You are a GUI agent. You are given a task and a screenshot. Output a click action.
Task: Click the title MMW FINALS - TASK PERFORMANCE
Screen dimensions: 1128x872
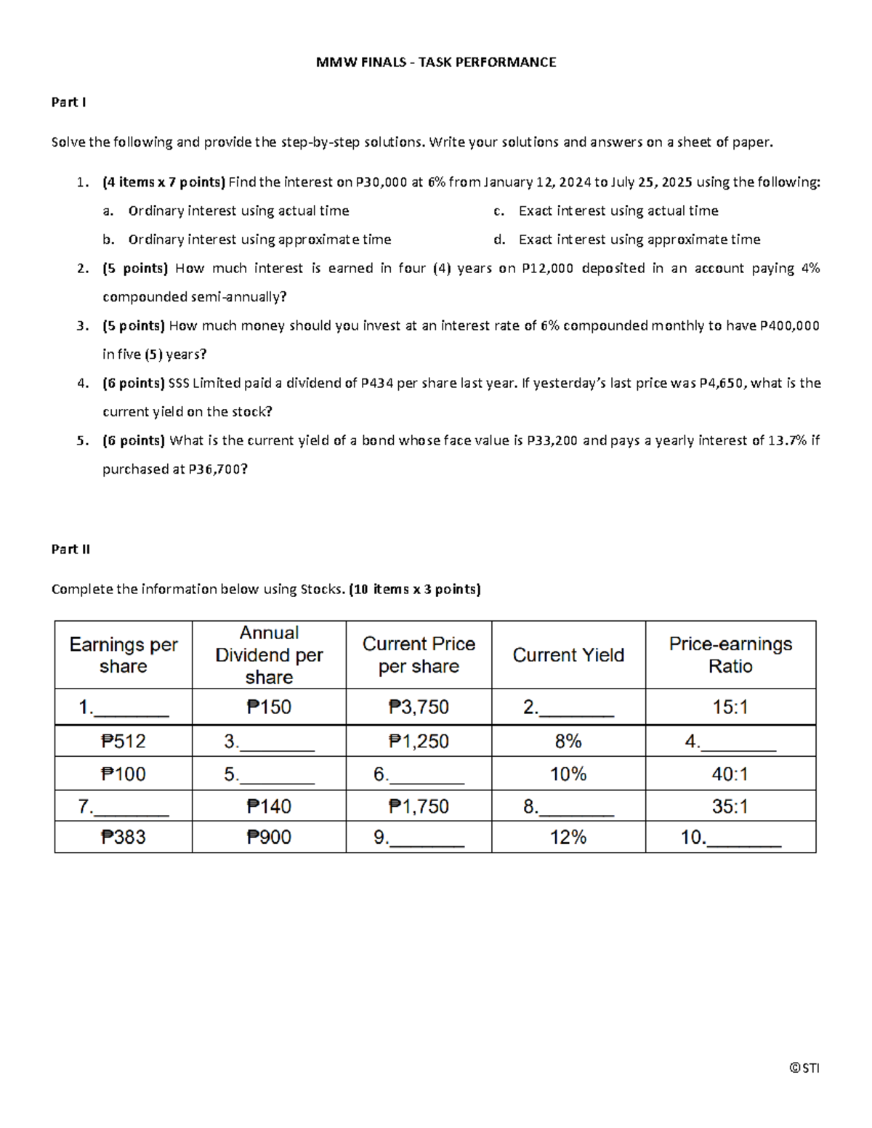[x=435, y=62]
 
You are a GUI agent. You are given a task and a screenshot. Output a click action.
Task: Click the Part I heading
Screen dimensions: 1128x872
[x=68, y=102]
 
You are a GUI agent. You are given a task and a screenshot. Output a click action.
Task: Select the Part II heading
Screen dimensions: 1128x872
[x=70, y=549]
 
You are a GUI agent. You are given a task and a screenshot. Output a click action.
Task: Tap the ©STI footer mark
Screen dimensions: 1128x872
[x=804, y=1068]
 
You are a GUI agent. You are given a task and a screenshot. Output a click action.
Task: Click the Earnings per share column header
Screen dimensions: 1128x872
[x=123, y=655]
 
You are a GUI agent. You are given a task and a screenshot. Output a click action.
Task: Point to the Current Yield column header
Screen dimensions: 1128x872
[x=568, y=655]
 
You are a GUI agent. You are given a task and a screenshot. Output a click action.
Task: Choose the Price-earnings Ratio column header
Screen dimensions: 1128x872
[x=730, y=655]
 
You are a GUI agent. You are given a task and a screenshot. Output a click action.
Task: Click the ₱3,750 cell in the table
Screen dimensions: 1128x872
[x=419, y=707]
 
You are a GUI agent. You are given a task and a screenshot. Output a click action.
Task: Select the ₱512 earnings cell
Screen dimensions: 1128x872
[x=123, y=741]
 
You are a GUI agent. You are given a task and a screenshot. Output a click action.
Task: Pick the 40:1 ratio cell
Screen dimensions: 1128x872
[x=730, y=774]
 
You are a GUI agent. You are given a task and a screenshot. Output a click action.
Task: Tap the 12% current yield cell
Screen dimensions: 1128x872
[x=568, y=837]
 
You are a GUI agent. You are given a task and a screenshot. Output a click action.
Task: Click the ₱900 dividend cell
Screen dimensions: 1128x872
[x=269, y=837]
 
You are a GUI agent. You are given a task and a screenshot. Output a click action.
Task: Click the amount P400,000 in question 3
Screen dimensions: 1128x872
[x=789, y=326]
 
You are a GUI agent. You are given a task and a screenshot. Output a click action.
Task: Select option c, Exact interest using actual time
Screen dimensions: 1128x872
[x=618, y=211]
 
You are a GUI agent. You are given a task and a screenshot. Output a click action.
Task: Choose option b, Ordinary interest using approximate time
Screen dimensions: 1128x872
[x=259, y=240]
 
